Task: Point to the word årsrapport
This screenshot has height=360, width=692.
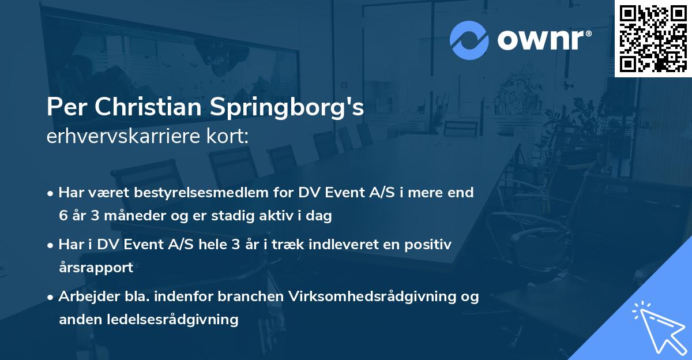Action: (96, 268)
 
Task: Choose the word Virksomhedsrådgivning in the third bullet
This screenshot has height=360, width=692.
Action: (382, 297)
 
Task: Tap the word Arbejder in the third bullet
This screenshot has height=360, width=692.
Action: (85, 297)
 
